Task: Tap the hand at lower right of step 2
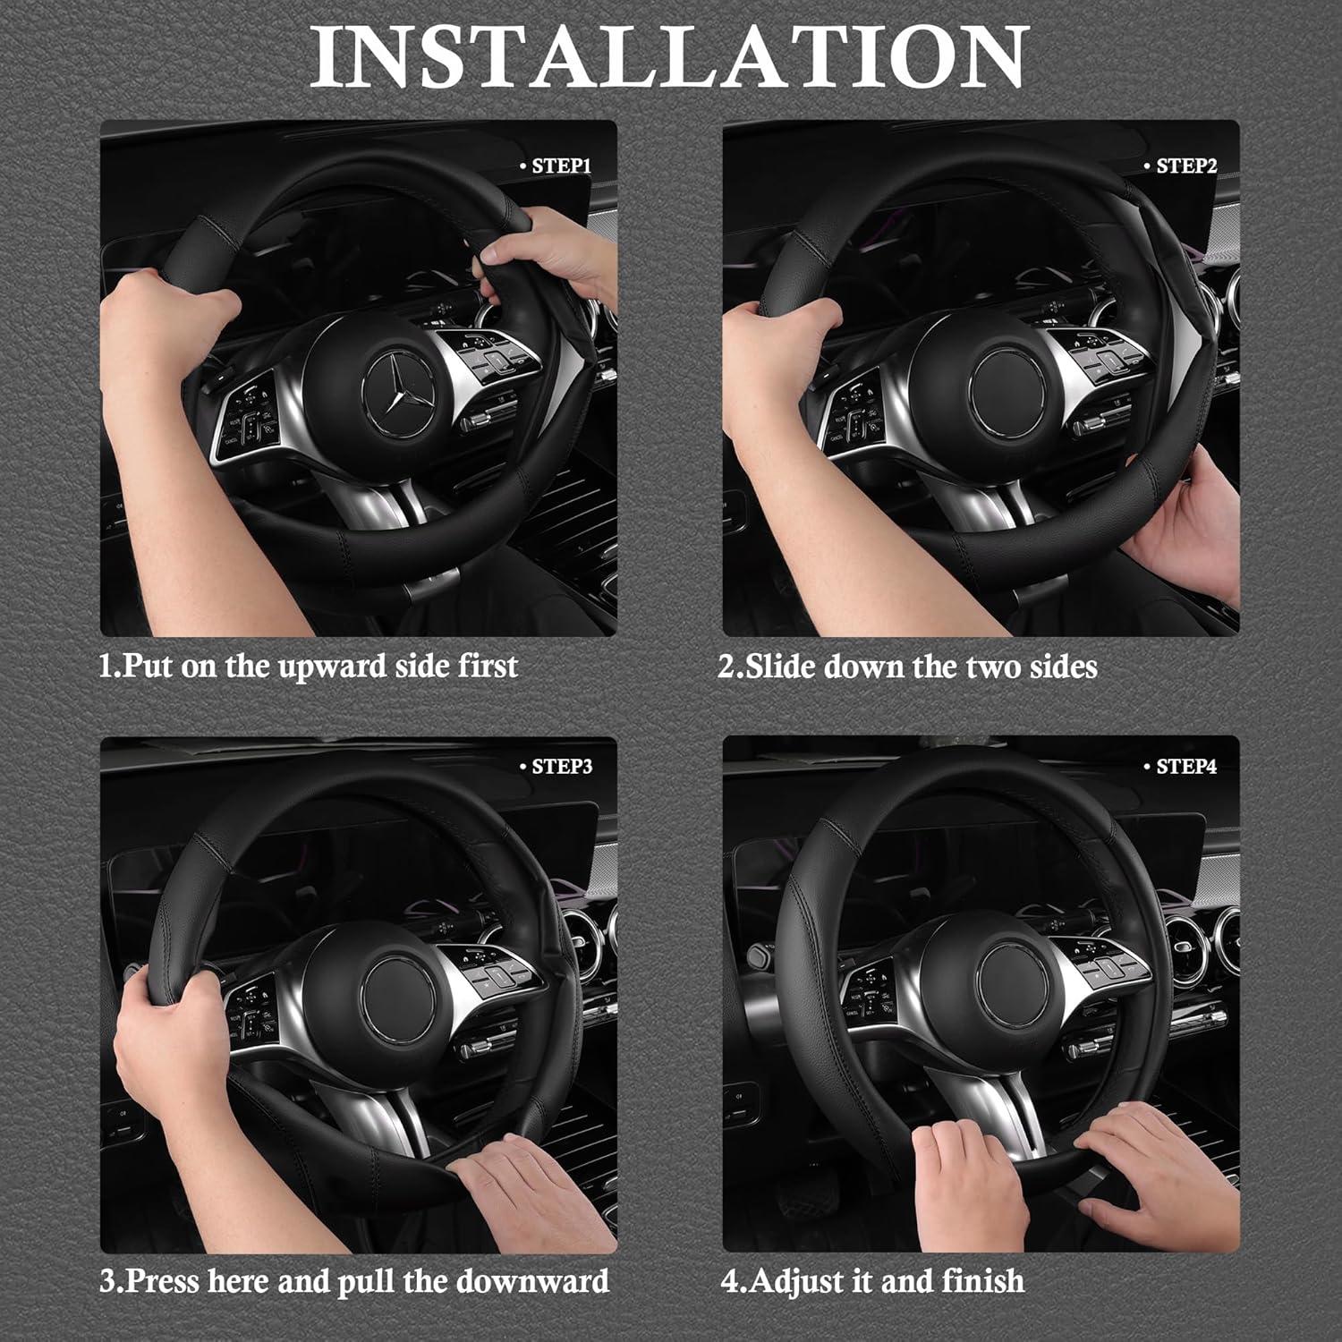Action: [1181, 519]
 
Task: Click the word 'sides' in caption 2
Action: [1063, 667]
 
